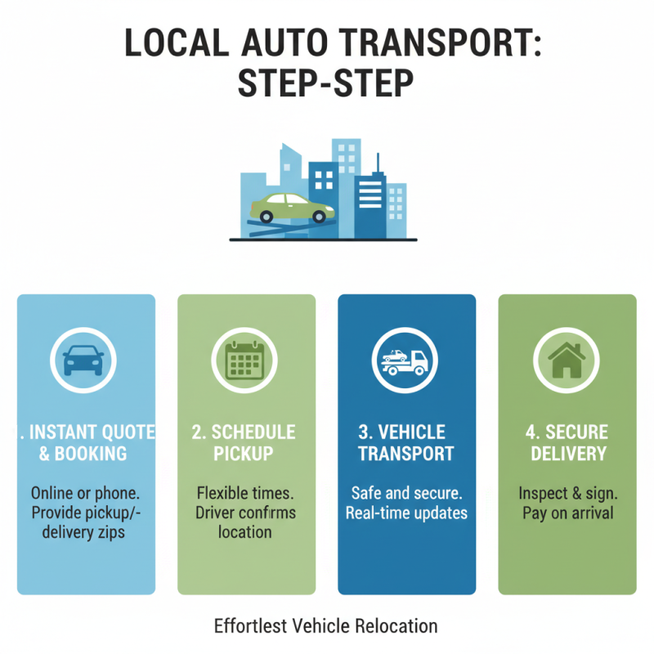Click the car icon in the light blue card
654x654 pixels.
85,359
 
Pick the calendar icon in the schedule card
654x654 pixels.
246,359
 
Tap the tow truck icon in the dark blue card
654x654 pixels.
406,359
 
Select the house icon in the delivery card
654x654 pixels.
567,359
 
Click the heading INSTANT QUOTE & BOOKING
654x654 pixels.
86,442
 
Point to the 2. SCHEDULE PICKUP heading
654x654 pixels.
244,442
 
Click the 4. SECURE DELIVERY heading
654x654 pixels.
567,442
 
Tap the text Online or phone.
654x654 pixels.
86,493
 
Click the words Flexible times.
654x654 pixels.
245,493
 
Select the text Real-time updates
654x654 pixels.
406,513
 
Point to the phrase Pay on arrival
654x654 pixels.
567,513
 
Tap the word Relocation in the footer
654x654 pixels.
397,626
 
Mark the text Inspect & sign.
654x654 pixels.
567,493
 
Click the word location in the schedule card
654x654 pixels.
244,532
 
